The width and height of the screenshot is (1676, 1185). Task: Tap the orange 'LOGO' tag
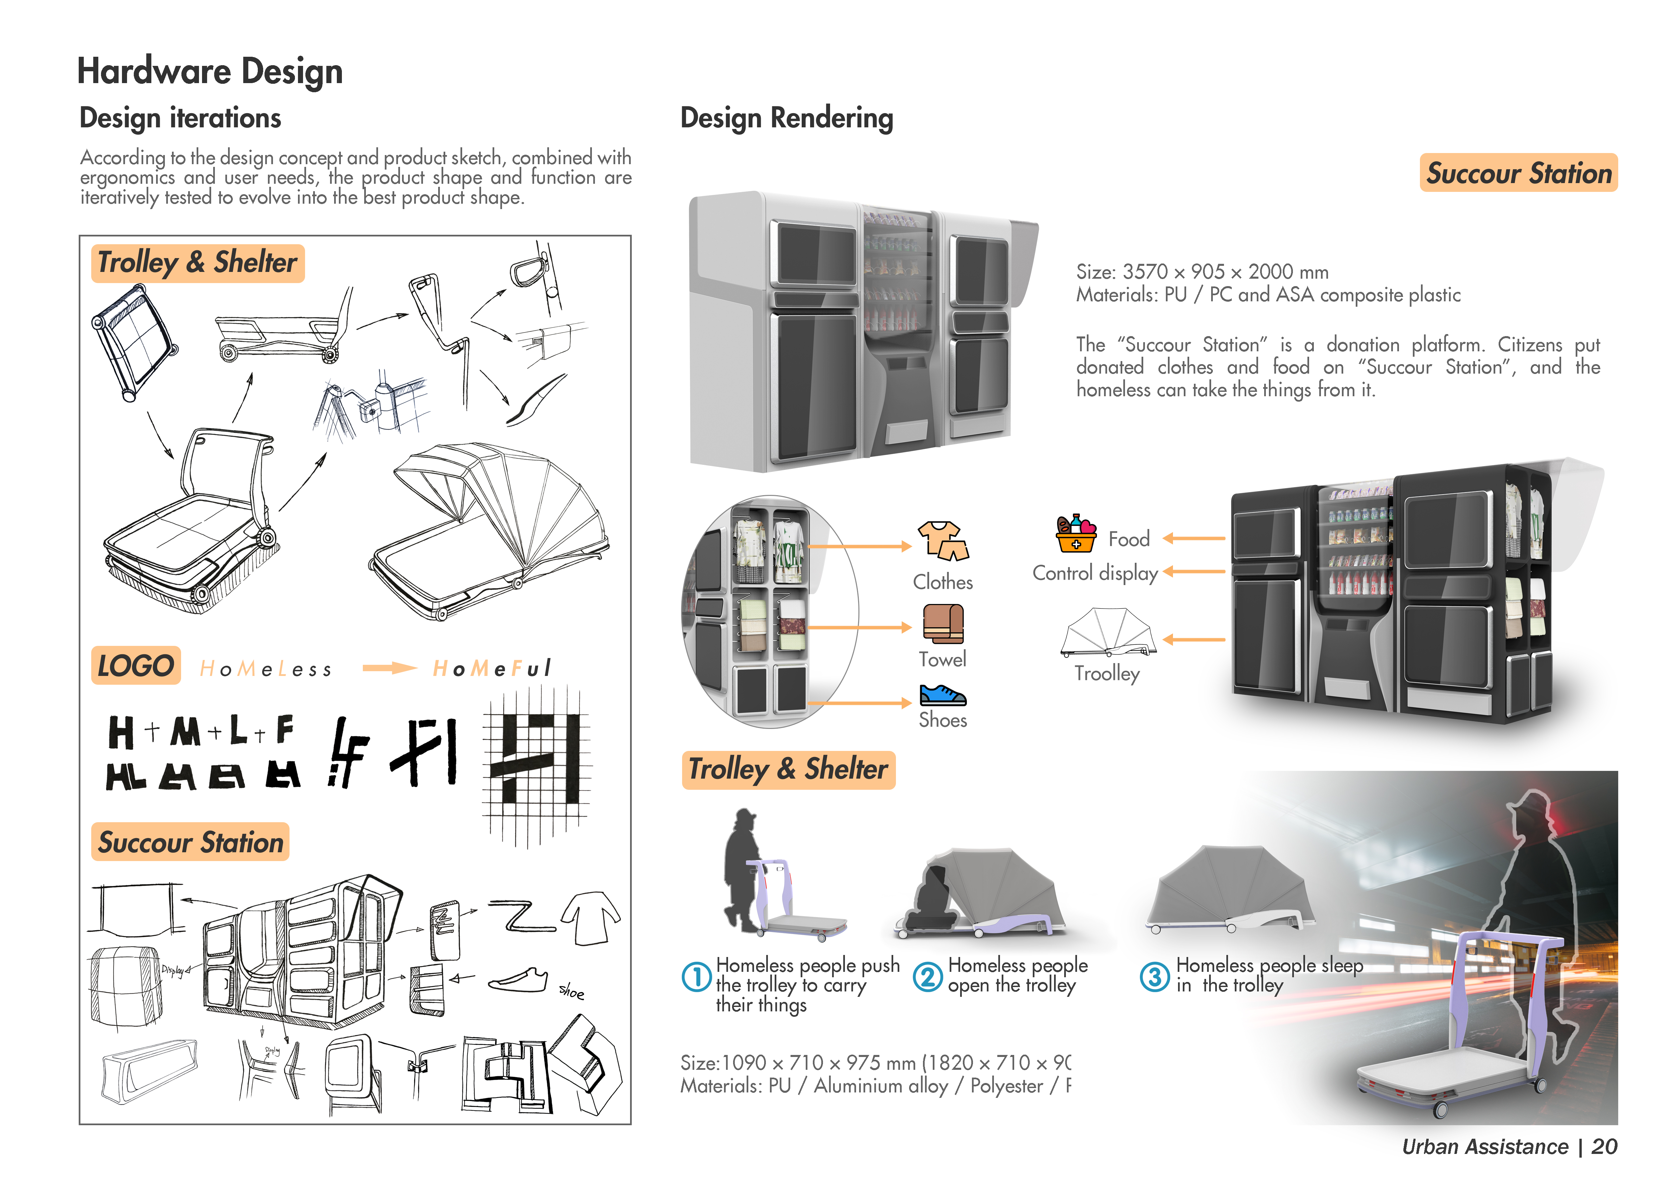(136, 665)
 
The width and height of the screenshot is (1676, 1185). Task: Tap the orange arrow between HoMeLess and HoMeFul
(389, 667)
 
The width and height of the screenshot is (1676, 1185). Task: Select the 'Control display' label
(1095, 574)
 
